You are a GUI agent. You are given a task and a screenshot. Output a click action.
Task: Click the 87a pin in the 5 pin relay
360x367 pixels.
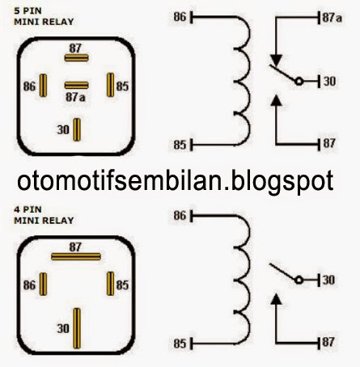(x=76, y=85)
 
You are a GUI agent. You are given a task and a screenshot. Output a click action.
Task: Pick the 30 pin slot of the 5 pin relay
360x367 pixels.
(x=77, y=129)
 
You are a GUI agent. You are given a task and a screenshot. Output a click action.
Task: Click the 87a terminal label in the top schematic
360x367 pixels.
(x=331, y=17)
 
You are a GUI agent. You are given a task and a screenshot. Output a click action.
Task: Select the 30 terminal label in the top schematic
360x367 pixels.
(x=328, y=81)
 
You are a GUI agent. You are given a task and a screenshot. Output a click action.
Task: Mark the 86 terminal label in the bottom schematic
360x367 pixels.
(x=180, y=217)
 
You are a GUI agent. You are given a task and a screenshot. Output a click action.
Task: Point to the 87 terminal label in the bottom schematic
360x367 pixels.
(x=329, y=343)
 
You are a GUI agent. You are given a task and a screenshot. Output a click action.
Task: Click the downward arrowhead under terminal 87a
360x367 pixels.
(x=277, y=59)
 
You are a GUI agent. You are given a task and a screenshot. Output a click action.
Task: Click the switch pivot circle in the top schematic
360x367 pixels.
(x=299, y=82)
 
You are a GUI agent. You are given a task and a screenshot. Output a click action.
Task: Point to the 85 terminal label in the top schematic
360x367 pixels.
(x=180, y=146)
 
